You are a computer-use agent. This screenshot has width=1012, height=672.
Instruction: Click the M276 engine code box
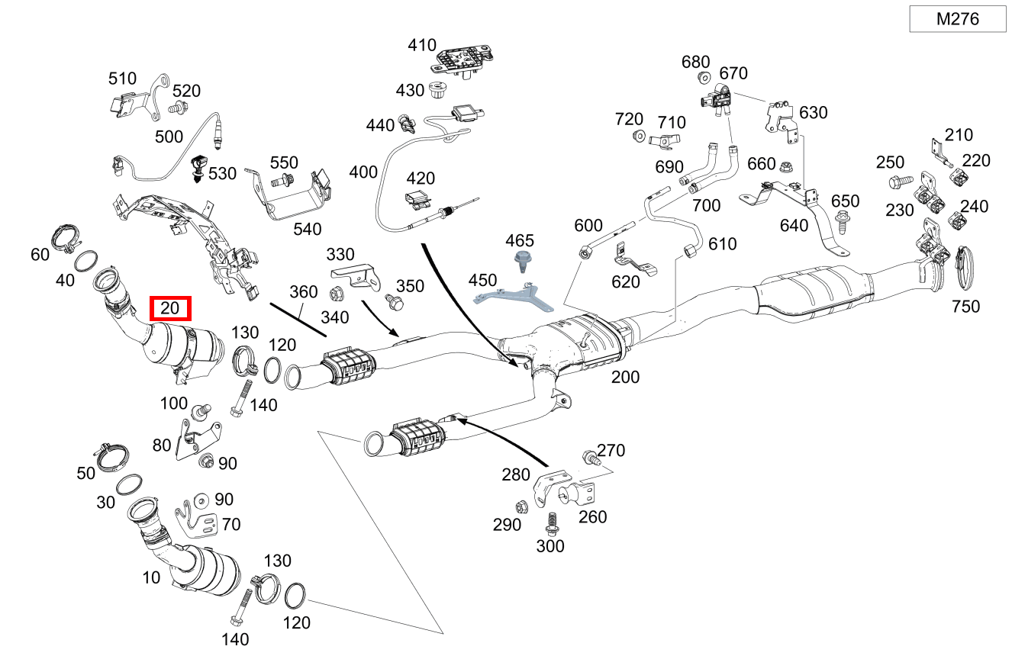[957, 19]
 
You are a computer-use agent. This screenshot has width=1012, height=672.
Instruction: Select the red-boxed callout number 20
[169, 309]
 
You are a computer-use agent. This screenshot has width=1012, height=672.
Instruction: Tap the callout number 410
[421, 45]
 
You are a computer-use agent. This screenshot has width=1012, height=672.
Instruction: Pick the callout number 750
[965, 307]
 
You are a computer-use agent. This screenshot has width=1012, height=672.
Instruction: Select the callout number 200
[625, 377]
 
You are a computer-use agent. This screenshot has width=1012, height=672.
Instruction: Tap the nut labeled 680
[704, 77]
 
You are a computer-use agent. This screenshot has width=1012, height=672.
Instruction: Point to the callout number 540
[307, 228]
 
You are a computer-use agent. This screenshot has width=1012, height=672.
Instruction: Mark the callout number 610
[722, 243]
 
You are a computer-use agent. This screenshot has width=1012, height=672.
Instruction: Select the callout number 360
[303, 292]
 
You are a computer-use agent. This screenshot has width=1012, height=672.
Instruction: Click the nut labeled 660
[787, 164]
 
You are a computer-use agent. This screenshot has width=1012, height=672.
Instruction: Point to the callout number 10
[151, 577]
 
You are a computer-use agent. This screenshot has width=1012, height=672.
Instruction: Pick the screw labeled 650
[843, 222]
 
